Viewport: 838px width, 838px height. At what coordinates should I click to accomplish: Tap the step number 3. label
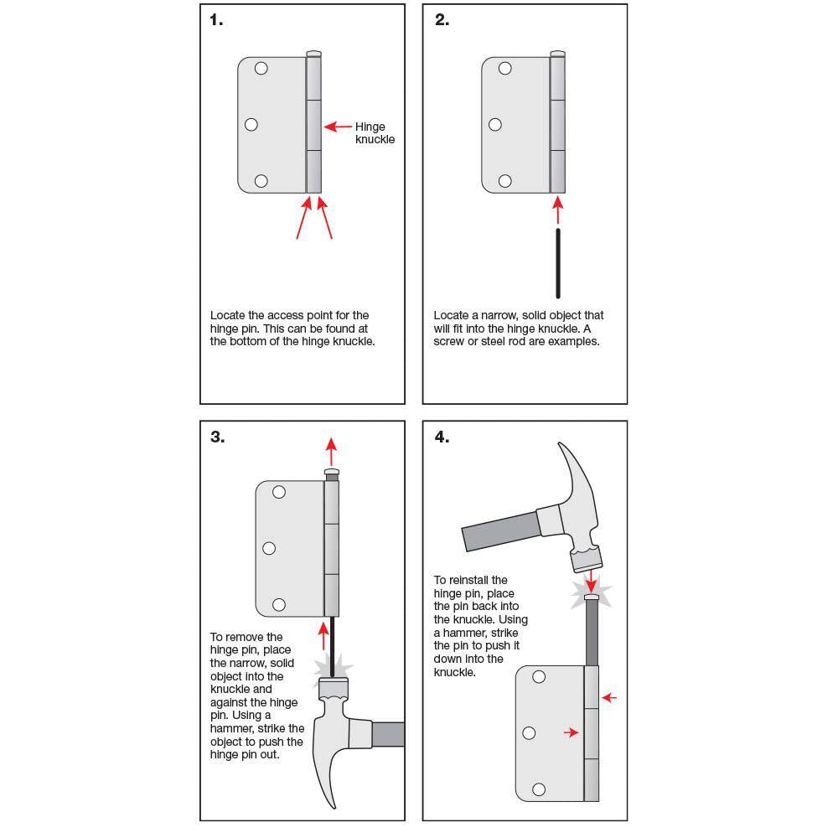click(x=217, y=437)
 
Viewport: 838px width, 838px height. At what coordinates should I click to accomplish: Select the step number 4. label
click(x=442, y=437)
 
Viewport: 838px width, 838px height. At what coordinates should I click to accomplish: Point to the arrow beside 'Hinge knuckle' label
click(x=338, y=127)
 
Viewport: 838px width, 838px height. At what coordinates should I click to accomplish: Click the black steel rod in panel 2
click(x=558, y=263)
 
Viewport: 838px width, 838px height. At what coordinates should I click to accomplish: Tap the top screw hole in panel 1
click(x=261, y=69)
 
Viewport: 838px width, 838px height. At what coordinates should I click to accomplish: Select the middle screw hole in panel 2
click(x=495, y=125)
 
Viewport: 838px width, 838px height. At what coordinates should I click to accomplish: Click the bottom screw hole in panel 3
click(x=279, y=604)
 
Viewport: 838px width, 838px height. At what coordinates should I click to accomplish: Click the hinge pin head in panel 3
click(x=332, y=474)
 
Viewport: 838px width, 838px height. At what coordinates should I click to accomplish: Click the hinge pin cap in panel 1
click(x=313, y=54)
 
